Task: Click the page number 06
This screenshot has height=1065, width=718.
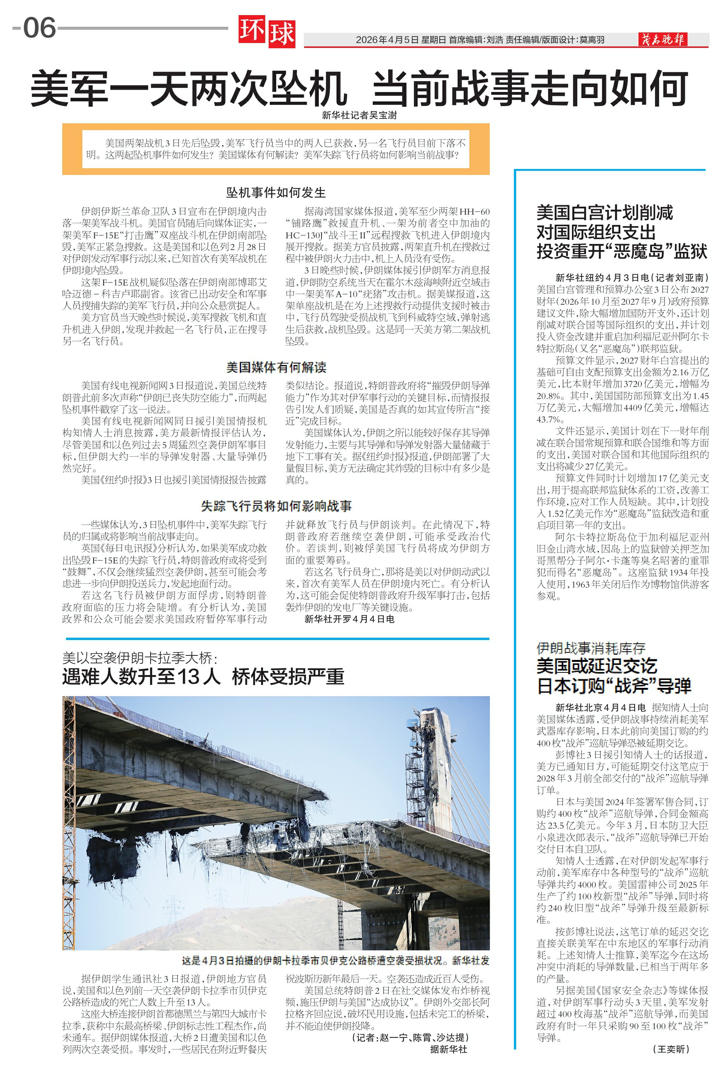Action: tap(39, 28)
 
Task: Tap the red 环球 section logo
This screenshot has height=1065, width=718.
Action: tap(266, 32)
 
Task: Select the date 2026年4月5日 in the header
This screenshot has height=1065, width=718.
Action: tap(387, 40)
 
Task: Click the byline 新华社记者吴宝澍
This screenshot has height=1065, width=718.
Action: tap(359, 115)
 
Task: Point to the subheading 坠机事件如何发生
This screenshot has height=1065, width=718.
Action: tap(276, 192)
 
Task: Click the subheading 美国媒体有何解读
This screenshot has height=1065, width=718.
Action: tap(276, 367)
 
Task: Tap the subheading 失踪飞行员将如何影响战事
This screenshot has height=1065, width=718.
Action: tap(276, 506)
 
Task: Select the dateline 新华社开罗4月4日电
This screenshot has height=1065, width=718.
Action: tap(349, 619)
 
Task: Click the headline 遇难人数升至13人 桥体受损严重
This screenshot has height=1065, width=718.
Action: tap(203, 677)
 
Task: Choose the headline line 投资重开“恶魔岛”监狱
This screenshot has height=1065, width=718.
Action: tap(622, 251)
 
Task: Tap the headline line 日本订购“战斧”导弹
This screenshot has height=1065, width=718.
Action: tap(613, 686)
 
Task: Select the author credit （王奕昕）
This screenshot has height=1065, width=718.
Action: tap(671, 1049)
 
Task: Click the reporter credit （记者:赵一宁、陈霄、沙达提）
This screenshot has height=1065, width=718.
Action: tap(410, 1037)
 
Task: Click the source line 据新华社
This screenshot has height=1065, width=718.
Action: tap(448, 1049)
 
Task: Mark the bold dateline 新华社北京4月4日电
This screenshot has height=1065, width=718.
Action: tap(600, 707)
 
